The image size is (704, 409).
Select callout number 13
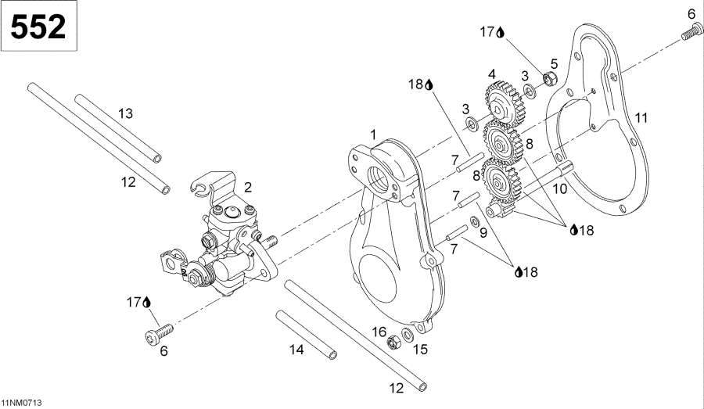tap(125, 114)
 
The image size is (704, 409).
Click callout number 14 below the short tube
tap(296, 350)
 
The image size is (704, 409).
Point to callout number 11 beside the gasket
tap(641, 118)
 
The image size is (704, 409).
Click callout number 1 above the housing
tap(373, 134)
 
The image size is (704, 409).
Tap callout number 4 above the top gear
tap(492, 74)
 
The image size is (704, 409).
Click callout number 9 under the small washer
tap(482, 232)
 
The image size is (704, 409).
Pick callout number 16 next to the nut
tap(379, 331)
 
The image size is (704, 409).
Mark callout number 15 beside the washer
tap(420, 350)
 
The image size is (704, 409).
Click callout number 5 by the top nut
tap(554, 63)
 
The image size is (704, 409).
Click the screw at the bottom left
tap(153, 337)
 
